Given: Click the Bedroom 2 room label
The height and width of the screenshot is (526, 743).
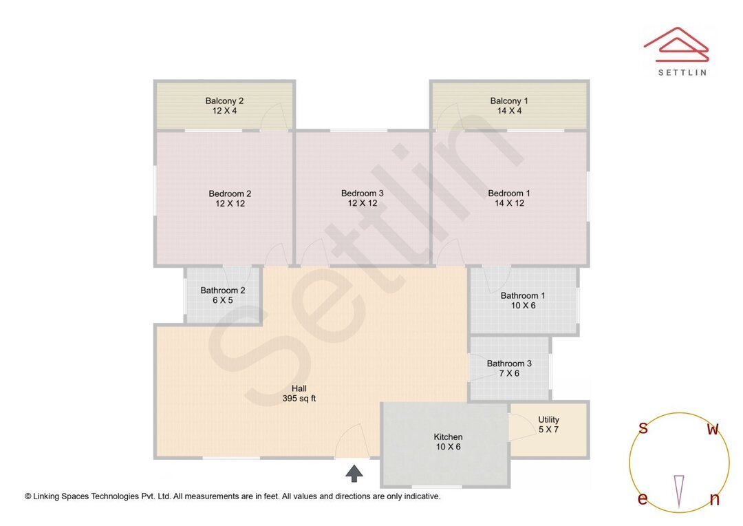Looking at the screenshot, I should coord(230,193).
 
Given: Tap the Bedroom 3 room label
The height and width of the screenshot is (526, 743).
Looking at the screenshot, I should coord(362,193).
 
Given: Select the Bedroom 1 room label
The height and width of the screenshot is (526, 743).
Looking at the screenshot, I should coord(509,193).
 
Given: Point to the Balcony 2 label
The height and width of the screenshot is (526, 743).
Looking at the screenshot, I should coord(224,101).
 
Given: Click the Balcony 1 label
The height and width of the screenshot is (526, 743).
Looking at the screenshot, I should coord(509,101).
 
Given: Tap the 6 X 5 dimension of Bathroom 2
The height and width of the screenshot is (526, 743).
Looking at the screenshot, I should coord(222,300).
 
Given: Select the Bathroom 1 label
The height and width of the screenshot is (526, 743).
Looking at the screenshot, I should coord(523,295).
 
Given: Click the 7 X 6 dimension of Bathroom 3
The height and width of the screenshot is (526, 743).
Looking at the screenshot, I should coord(509,373).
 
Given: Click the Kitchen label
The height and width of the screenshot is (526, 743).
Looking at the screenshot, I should coord(448,436).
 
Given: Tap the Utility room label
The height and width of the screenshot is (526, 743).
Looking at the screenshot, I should coord(548,419).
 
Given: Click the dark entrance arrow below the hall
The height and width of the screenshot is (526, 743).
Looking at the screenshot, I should coord(354,472).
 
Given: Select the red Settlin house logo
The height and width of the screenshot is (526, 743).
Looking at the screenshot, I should coord(676,44).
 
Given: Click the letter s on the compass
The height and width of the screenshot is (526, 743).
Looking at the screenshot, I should coord(643,428).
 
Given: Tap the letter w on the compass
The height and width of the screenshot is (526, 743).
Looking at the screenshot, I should coord(713,429).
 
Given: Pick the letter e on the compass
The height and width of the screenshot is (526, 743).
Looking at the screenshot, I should coord(643,499).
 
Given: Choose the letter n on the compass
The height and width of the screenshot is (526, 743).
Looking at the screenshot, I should coord(714,499).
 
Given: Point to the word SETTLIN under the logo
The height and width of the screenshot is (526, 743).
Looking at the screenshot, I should coord(682,72).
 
